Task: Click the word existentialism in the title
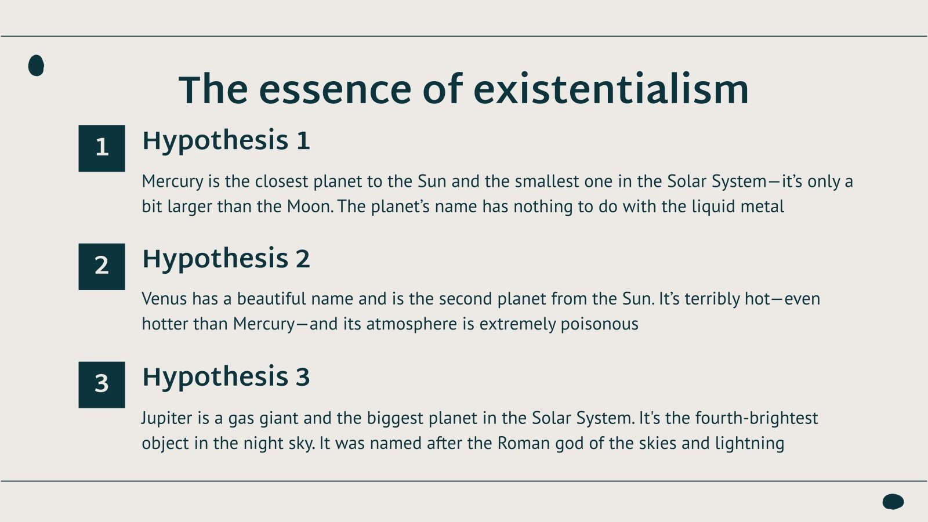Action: (611, 89)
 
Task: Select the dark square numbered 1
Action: (101, 148)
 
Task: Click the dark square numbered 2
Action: (101, 266)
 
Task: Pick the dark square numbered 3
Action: (101, 385)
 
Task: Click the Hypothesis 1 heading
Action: (226, 141)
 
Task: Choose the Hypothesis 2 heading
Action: (226, 259)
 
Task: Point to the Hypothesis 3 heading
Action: (226, 377)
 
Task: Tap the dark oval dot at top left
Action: (36, 66)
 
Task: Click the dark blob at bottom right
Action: (893, 502)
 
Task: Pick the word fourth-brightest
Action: (756, 418)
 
